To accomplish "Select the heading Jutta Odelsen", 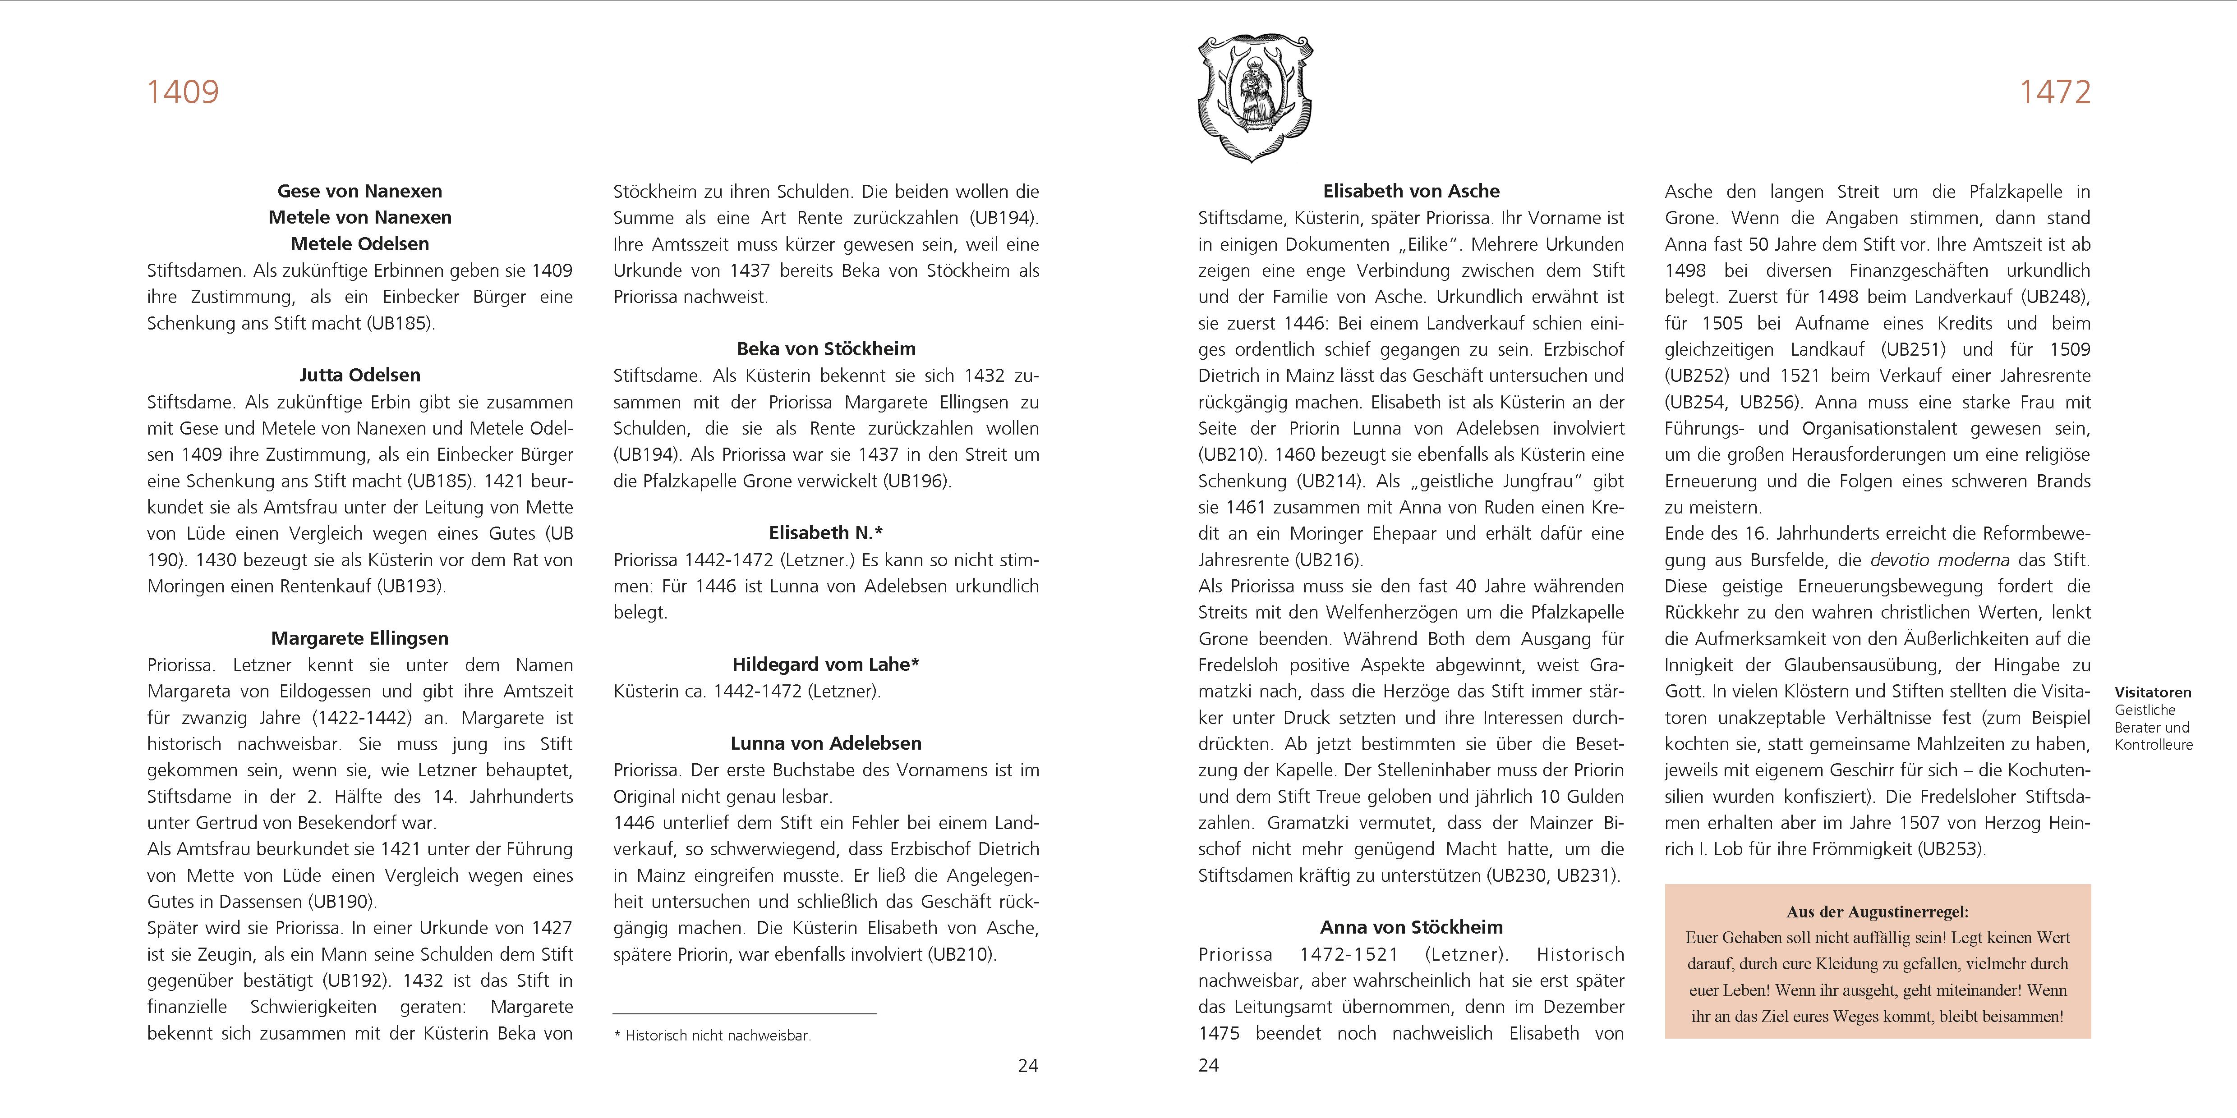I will tap(359, 375).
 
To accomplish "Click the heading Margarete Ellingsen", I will tap(359, 638).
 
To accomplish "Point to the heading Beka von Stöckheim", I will tap(826, 349).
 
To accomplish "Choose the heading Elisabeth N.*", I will tap(826, 533).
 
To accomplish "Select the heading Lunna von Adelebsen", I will tap(826, 743).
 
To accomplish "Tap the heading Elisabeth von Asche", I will tap(1411, 191).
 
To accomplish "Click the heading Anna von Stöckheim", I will tap(1411, 927).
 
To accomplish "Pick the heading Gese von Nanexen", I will tap(359, 191).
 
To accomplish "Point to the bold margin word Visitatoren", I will tap(2153, 693).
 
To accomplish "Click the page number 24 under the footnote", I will tap(1028, 1066).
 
